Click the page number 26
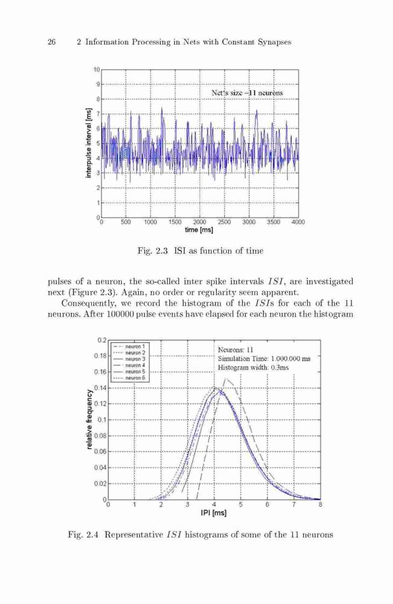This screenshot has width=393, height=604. [51, 42]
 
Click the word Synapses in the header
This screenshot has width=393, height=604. [275, 42]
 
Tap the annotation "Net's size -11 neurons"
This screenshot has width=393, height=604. [247, 93]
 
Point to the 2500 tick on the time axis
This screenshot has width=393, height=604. [224, 222]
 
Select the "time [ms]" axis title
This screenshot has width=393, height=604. [199, 230]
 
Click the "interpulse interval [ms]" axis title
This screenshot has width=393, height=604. [89, 143]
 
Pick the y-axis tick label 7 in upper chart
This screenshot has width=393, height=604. [98, 114]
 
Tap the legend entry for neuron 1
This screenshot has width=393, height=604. [130, 346]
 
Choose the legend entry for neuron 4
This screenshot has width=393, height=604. [130, 365]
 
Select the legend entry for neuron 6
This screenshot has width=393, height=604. [130, 378]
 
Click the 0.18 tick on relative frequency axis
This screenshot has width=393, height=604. [100, 356]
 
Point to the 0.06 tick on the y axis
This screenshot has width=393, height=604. [100, 451]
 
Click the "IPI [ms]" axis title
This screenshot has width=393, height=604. [214, 513]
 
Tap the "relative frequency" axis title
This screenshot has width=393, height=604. [89, 420]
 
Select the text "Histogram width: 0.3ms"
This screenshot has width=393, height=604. [253, 367]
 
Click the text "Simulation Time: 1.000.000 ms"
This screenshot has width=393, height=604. [264, 359]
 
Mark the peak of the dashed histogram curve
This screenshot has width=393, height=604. [226, 378]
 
